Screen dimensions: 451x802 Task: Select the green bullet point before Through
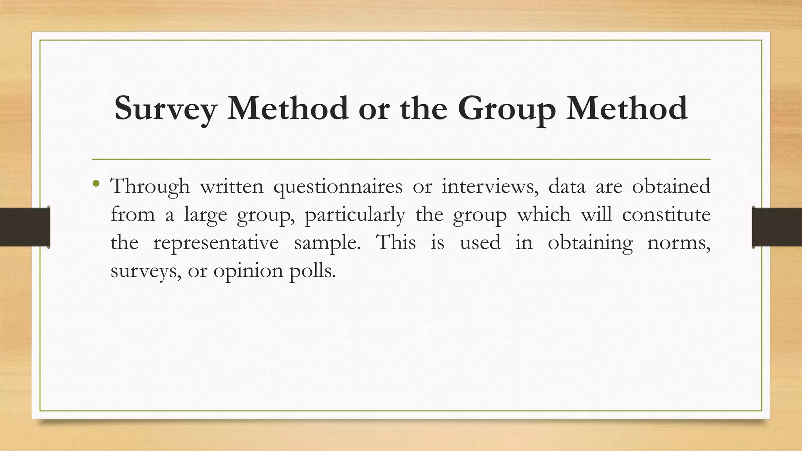(x=96, y=183)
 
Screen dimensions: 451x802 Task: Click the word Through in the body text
(x=150, y=186)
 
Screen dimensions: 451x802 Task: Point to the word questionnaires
(x=338, y=186)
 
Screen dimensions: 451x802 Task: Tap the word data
(x=567, y=186)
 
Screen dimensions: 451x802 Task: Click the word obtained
(x=671, y=186)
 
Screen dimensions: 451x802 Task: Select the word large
(x=206, y=215)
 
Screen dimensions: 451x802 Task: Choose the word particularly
(x=355, y=215)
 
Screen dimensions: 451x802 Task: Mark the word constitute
(x=666, y=215)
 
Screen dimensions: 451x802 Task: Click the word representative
(x=216, y=243)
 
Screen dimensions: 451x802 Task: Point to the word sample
(x=327, y=243)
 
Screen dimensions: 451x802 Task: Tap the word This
(x=396, y=242)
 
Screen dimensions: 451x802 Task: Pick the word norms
(x=679, y=243)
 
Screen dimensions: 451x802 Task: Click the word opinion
(x=248, y=271)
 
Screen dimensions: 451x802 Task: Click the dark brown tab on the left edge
(x=25, y=227)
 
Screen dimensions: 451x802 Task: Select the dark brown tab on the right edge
(x=777, y=227)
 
